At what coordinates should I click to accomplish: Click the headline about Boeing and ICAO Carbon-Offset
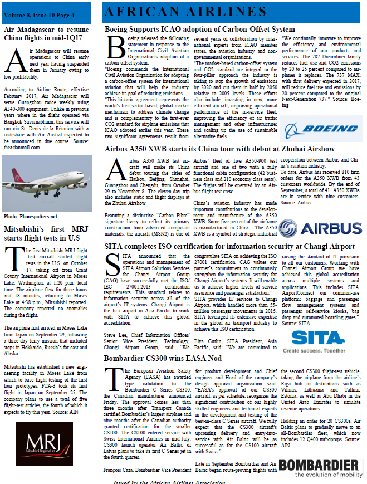pyautogui.click(x=200, y=29)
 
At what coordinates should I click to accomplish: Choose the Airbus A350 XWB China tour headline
pyautogui.click(x=220, y=149)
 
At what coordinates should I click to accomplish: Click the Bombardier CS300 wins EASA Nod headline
pyautogui.click(x=163, y=358)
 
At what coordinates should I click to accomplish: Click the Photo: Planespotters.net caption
pyautogui.click(x=31, y=216)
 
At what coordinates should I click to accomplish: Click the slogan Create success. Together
pyautogui.click(x=318, y=351)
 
